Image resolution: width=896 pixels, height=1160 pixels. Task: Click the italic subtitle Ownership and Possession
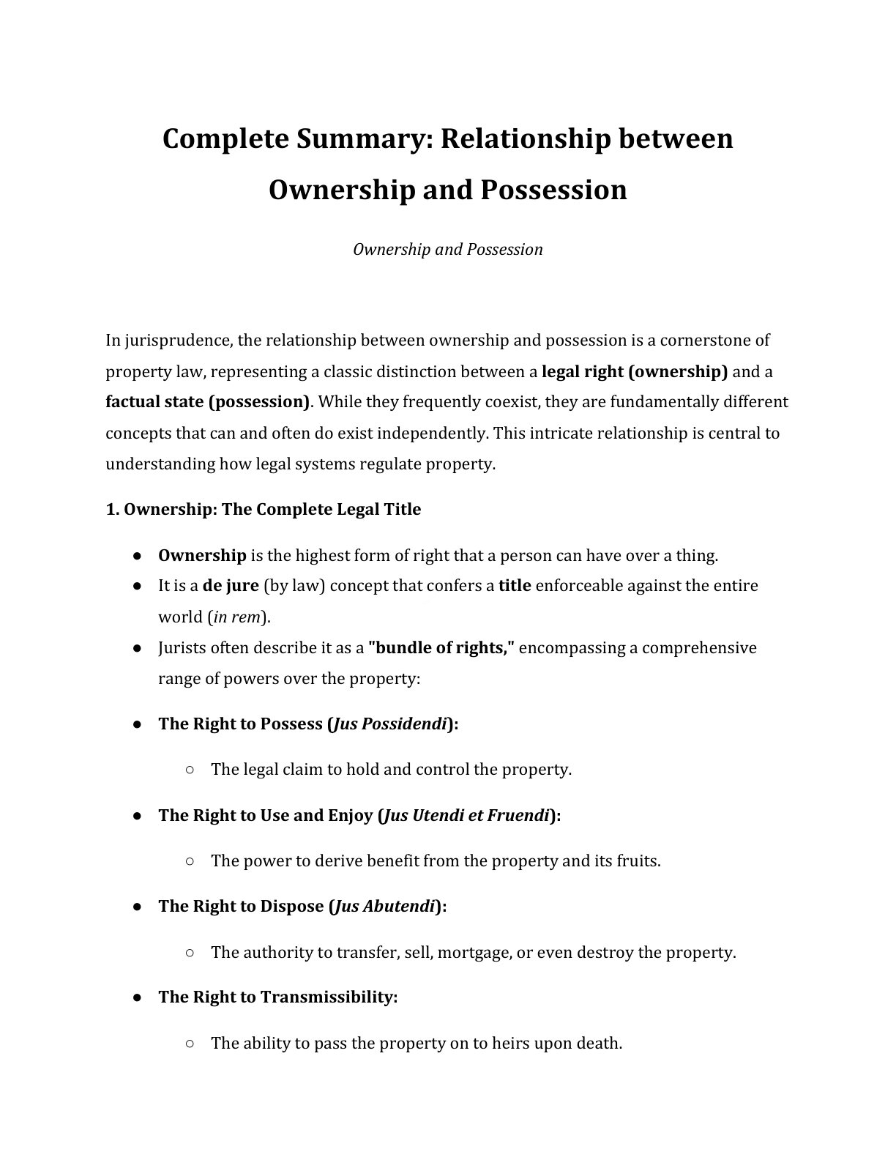(x=447, y=250)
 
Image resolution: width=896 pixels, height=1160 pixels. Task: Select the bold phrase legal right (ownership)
(x=634, y=371)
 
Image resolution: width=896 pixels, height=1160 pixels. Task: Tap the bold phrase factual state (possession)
(x=208, y=402)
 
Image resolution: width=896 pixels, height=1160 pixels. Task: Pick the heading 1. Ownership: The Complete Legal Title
(x=263, y=510)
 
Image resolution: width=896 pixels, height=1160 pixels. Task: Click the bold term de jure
(x=231, y=586)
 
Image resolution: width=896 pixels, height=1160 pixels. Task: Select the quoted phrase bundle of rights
(x=442, y=648)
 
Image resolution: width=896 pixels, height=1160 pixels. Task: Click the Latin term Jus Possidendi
(x=389, y=724)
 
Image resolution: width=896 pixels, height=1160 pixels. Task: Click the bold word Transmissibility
(x=328, y=997)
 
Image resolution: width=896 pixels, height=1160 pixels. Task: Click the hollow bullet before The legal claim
(x=189, y=770)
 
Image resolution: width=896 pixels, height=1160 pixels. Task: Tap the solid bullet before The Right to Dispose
(x=137, y=907)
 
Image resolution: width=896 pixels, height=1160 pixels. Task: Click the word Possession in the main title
(x=553, y=190)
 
